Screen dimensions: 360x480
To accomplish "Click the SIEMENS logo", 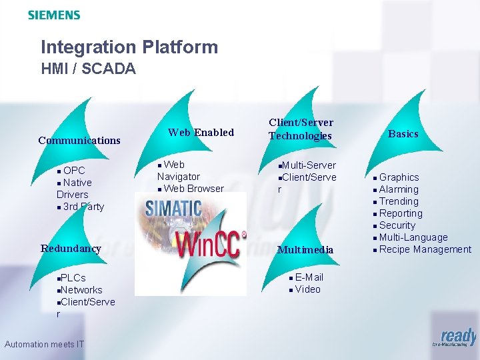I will tap(54, 15).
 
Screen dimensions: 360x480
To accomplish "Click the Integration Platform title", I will tap(129, 47).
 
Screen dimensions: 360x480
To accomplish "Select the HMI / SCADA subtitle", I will tap(88, 68).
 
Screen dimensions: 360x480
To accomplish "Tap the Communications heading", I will tap(79, 140).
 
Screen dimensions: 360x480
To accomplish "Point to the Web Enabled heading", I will tap(201, 132).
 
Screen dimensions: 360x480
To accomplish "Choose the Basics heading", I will tap(403, 133).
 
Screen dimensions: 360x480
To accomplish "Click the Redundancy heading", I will tap(71, 248).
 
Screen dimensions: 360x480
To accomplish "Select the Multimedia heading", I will tap(305, 249).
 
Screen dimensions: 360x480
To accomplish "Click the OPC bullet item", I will tap(74, 171).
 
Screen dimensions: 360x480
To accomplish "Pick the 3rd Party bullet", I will tap(83, 207).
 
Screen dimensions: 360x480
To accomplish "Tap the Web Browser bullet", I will tap(193, 189).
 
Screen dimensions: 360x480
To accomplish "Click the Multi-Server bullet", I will tap(309, 165).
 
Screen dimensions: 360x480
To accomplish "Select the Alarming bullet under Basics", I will tap(399, 189).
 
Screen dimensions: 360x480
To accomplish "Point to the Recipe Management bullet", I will tap(425, 249).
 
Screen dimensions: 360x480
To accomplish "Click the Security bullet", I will tap(397, 225).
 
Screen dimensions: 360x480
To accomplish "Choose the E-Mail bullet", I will tap(309, 277).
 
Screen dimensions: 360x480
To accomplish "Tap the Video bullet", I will tap(307, 289).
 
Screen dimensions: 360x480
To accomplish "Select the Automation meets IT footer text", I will tap(44, 344).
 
